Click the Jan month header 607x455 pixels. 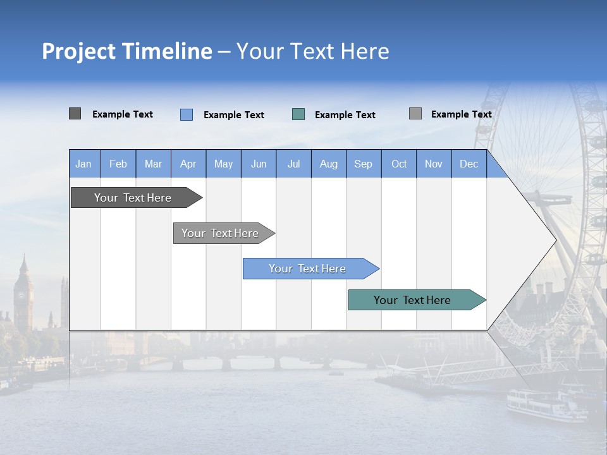tap(84, 164)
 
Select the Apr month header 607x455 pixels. tap(188, 164)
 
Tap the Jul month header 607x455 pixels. tap(293, 164)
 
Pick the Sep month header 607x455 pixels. tap(364, 164)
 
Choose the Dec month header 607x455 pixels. tap(469, 164)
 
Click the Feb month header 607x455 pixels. tap(118, 164)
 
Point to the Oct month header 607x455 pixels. tap(399, 164)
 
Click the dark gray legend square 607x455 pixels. tap(75, 114)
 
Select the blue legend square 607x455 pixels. tap(187, 114)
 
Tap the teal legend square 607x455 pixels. tap(298, 114)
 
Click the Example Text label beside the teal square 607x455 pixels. tap(345, 115)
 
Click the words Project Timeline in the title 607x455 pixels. tap(127, 51)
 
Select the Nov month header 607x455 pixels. tap(434, 164)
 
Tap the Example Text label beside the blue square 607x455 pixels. tap(234, 115)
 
